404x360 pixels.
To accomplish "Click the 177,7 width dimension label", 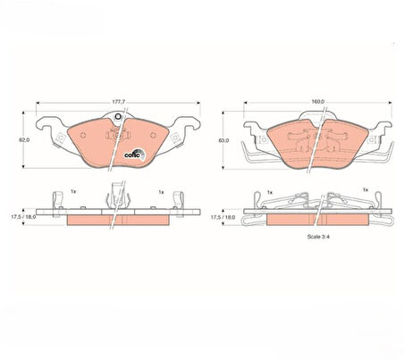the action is point(118,102).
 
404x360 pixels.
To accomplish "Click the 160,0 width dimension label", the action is point(317,102).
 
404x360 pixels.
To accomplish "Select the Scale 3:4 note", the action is point(318,237).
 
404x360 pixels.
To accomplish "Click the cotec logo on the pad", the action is point(134,155).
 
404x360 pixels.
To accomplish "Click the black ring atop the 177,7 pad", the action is point(118,116).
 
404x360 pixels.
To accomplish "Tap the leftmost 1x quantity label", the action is point(73,191).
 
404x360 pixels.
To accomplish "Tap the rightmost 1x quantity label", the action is point(366,189).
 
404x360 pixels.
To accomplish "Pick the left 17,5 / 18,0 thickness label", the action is point(23,217).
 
